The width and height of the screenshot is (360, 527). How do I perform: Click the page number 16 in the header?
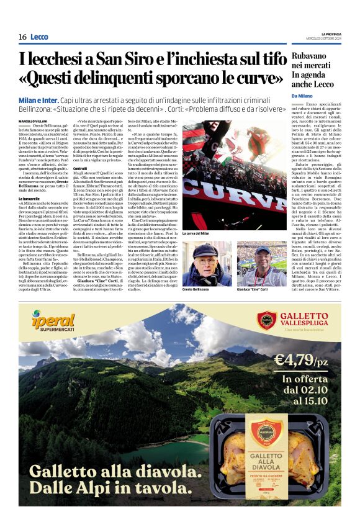pos(22,37)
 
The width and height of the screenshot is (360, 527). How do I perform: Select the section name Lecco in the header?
pos(38,37)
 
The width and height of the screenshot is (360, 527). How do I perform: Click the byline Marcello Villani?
pos(32,120)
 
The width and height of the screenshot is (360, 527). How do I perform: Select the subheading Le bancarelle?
pos(29,198)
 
